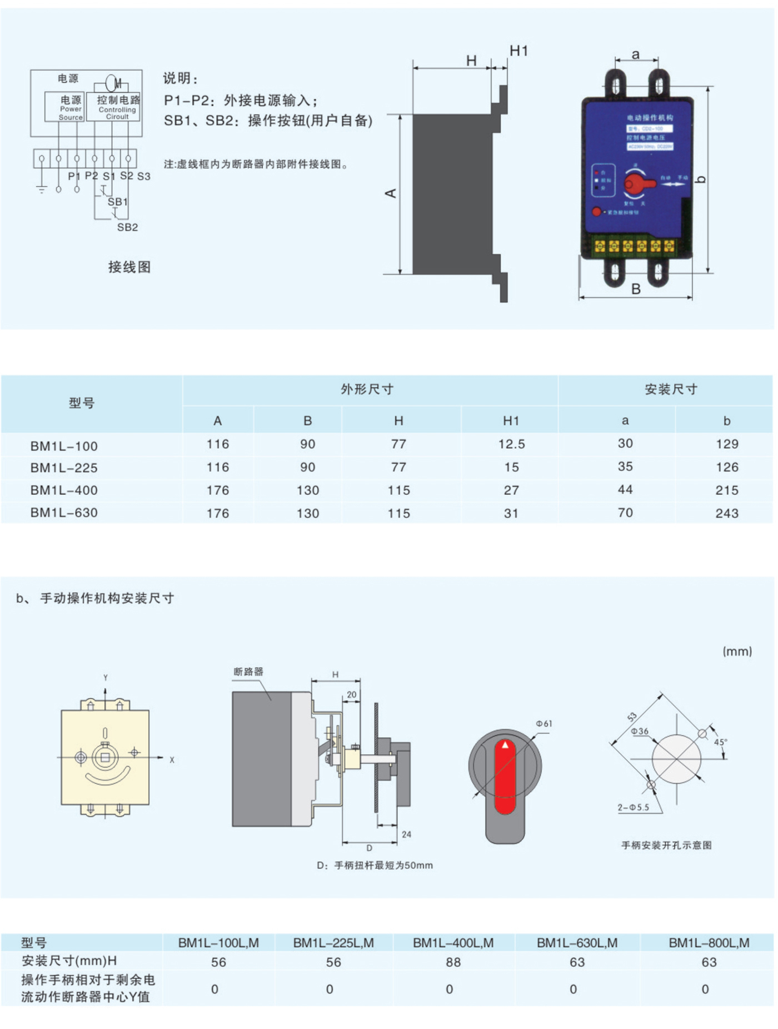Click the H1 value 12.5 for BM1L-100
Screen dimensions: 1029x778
tap(511, 444)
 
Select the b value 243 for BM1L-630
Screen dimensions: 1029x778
tap(726, 513)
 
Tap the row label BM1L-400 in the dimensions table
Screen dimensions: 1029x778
tap(64, 490)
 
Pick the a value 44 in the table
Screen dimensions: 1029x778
tap(625, 490)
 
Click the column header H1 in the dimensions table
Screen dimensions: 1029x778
tap(511, 421)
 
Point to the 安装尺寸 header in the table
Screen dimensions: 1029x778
tap(671, 389)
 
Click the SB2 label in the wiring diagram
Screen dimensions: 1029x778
tap(127, 227)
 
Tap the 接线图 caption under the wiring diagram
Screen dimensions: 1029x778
tap(129, 267)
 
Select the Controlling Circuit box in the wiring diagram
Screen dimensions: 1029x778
tap(117, 107)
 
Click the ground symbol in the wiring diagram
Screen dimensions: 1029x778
tap(42, 189)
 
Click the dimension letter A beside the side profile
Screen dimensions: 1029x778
tap(391, 193)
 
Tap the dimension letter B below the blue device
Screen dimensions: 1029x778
tap(636, 289)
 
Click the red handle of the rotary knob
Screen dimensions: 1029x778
tap(505, 776)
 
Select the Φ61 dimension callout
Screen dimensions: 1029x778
tap(543, 723)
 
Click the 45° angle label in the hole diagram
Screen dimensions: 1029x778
tap(720, 742)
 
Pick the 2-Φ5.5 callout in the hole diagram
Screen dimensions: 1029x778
tap(633, 807)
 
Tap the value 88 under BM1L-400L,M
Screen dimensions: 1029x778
tap(453, 962)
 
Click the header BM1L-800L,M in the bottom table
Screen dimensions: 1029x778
tap(709, 943)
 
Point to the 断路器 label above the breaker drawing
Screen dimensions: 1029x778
tap(248, 672)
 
